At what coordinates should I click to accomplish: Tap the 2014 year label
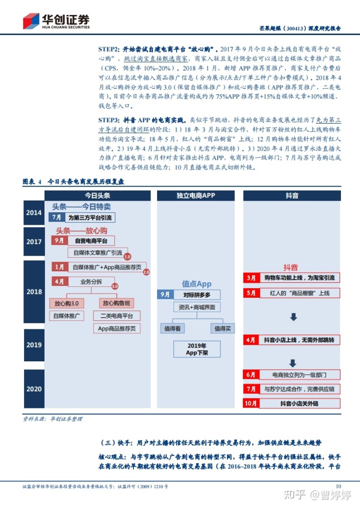(34, 213)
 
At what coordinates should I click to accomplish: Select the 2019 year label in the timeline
(34, 345)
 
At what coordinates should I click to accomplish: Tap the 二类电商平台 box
(116, 316)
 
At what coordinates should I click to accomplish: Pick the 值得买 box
(222, 328)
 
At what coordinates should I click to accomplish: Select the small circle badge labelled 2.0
(146, 272)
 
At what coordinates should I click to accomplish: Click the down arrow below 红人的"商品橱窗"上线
(293, 317)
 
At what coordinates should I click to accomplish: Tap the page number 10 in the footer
(338, 485)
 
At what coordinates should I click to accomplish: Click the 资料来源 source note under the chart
(52, 418)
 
